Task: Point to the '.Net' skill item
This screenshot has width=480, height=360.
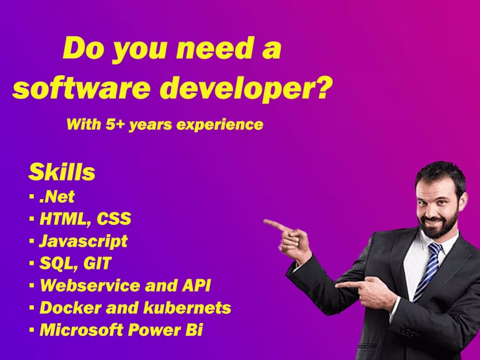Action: (x=57, y=197)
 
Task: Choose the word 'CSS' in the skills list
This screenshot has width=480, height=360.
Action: (x=113, y=219)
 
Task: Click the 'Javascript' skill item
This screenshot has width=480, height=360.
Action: (x=83, y=241)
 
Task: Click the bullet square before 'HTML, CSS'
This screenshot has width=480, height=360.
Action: (x=32, y=219)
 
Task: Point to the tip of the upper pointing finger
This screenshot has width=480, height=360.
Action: (x=266, y=222)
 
